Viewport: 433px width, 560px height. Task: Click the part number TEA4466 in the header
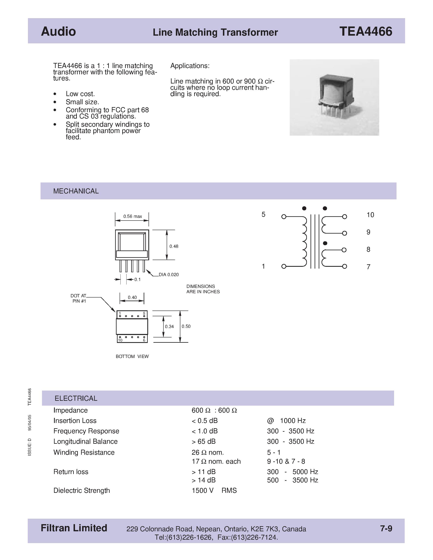click(366, 32)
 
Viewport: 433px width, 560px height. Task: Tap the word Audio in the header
click(58, 32)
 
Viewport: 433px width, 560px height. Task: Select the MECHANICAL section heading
click(76, 191)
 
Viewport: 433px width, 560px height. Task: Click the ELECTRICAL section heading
click(76, 398)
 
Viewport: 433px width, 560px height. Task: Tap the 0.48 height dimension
click(174, 246)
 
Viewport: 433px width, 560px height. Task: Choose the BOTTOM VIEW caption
click(132, 356)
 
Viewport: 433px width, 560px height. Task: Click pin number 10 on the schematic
click(370, 215)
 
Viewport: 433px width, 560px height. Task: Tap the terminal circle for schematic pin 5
click(284, 217)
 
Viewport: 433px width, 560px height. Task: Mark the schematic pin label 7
click(368, 267)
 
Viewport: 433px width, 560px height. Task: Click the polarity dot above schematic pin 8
click(325, 243)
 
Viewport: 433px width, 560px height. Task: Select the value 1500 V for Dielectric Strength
click(202, 491)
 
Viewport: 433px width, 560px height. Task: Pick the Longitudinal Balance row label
click(85, 441)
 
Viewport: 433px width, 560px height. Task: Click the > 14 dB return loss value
click(204, 480)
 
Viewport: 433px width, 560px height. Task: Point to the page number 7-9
click(386, 528)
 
